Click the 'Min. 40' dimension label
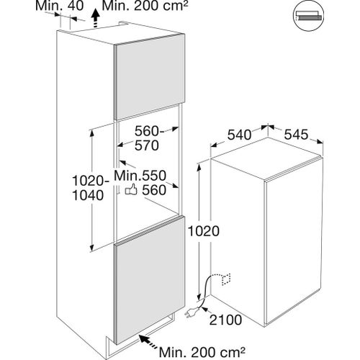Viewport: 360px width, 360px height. click(x=59, y=6)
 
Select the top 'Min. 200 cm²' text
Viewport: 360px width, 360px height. click(x=145, y=6)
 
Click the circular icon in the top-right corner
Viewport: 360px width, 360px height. click(x=308, y=16)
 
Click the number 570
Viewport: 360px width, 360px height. click(x=147, y=145)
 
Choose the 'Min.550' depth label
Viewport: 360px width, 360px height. click(x=140, y=176)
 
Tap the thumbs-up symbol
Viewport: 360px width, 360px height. click(x=131, y=189)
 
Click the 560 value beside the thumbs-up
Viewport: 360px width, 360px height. click(x=154, y=190)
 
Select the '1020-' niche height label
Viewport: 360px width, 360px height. click(x=91, y=181)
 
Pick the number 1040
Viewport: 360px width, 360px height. click(x=88, y=195)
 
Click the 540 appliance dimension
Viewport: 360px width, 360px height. click(x=239, y=135)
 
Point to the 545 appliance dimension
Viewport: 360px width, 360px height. click(x=296, y=135)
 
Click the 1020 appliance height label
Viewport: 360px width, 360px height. click(x=204, y=231)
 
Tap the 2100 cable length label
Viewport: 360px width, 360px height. click(x=225, y=320)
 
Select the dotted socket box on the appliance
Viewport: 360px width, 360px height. click(x=226, y=279)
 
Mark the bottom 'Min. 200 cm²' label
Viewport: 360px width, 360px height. click(x=202, y=352)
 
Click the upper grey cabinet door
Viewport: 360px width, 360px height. click(x=149, y=76)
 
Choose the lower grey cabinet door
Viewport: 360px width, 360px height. click(x=150, y=280)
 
